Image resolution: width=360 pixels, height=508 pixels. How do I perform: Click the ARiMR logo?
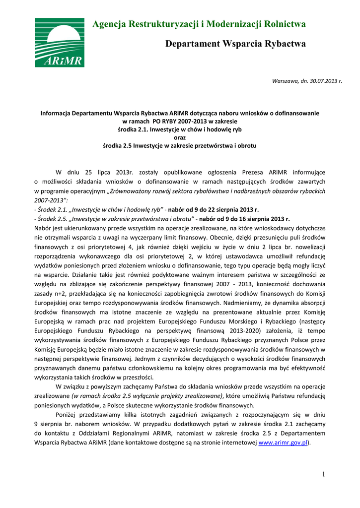click(59, 43)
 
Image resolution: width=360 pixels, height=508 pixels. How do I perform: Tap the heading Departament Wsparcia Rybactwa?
click(235, 44)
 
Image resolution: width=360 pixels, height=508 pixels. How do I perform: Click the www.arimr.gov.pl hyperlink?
click(284, 443)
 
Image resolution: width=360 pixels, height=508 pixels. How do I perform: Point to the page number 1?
click(323, 474)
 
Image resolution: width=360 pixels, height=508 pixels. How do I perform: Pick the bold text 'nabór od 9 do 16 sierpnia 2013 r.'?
click(244, 219)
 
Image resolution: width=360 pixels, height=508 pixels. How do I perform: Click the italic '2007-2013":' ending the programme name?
click(51, 200)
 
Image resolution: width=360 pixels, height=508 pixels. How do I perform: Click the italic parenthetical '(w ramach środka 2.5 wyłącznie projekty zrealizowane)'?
click(147, 396)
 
